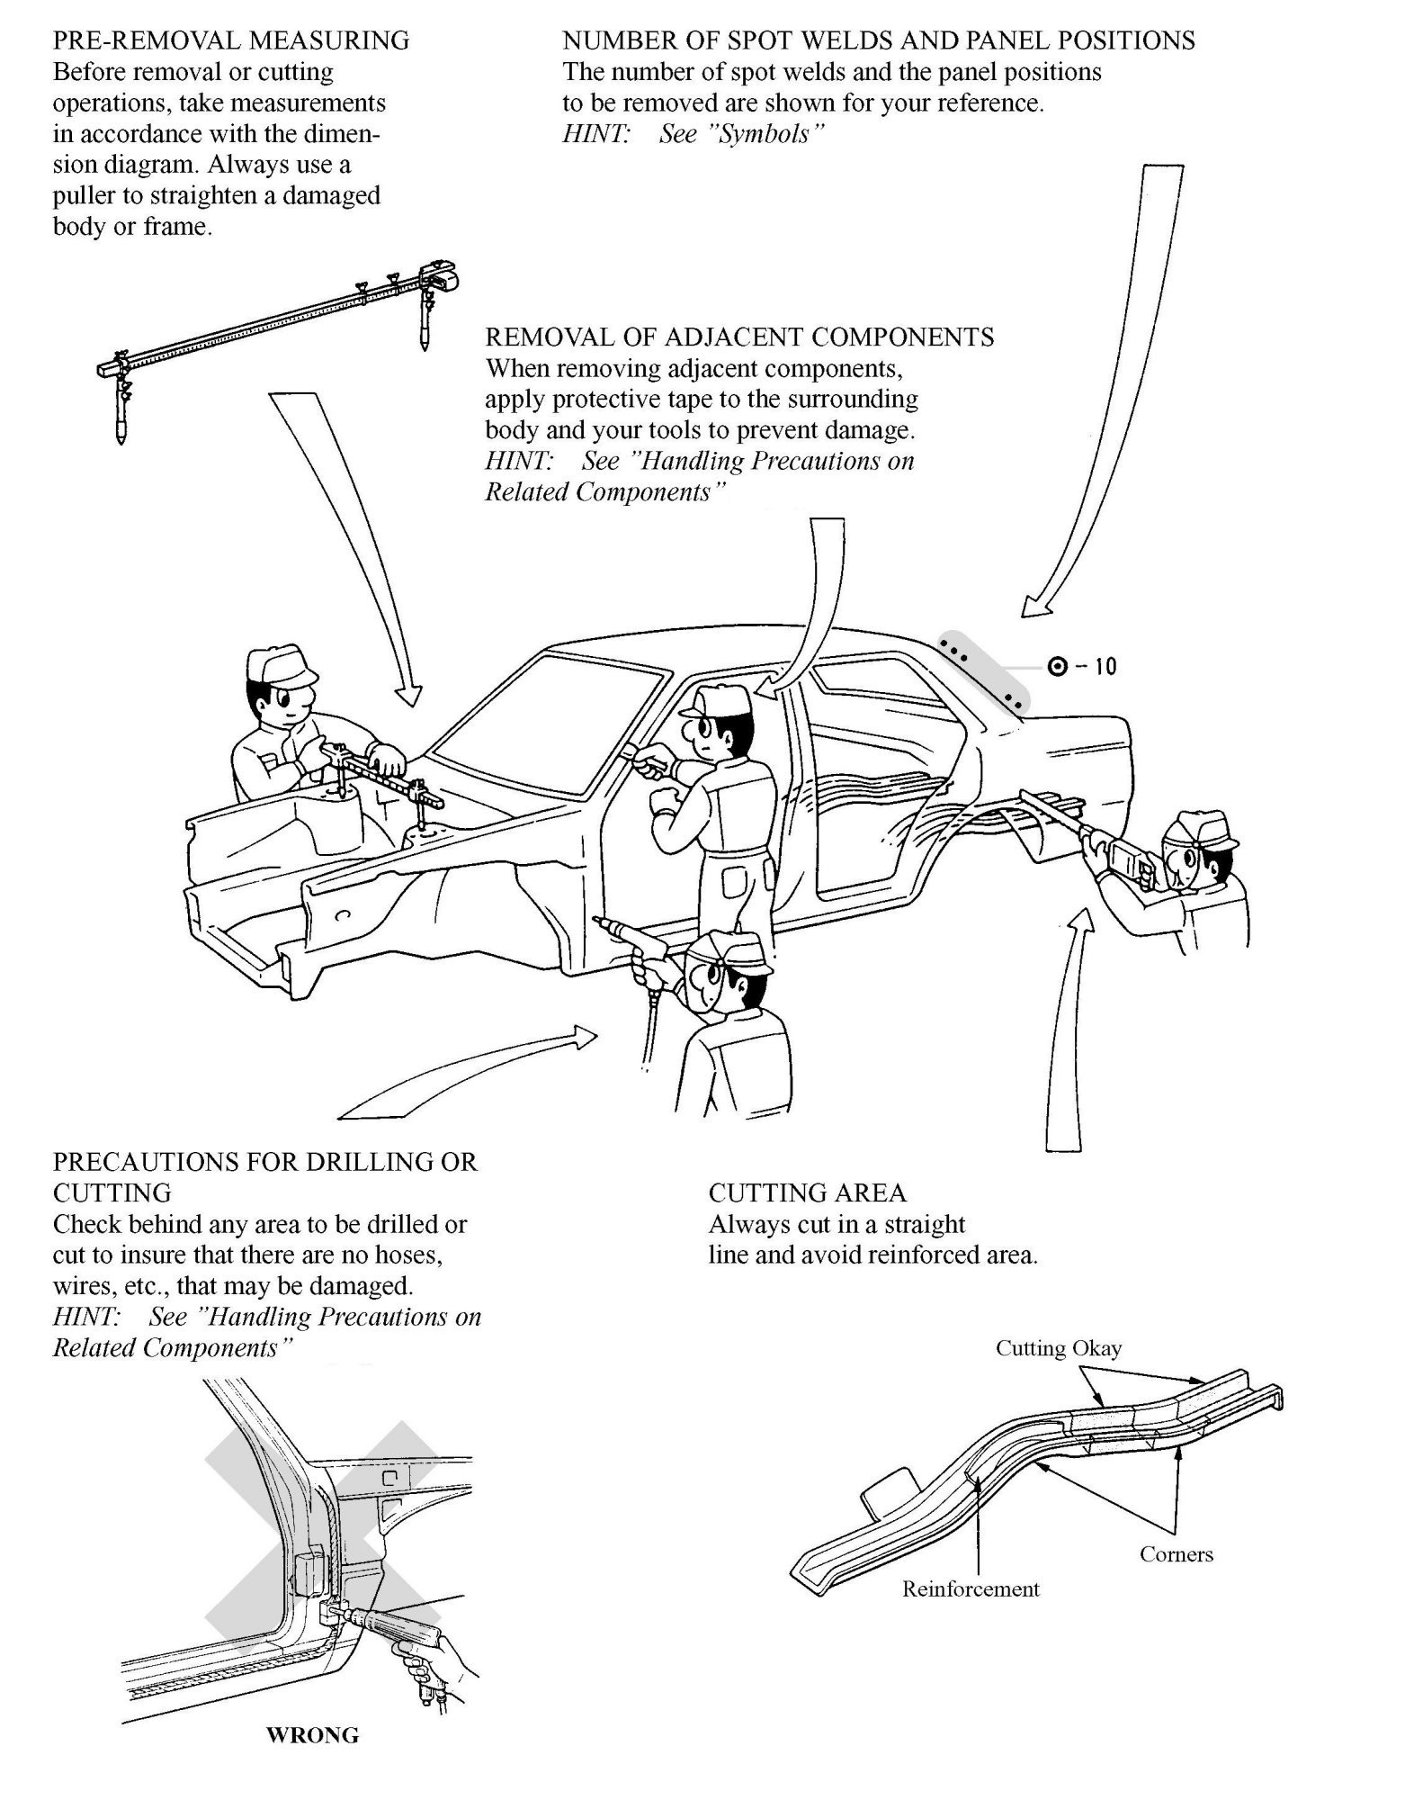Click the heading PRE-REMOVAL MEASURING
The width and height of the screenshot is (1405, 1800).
(231, 40)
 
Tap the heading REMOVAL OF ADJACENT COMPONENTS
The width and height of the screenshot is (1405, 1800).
(739, 337)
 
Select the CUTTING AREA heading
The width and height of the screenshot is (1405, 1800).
(807, 1193)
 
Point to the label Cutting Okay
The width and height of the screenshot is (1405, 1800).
(1058, 1348)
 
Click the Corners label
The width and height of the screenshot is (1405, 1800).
(1176, 1554)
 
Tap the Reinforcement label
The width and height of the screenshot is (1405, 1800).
(971, 1589)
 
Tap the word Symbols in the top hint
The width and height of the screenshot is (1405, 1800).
(742, 134)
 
